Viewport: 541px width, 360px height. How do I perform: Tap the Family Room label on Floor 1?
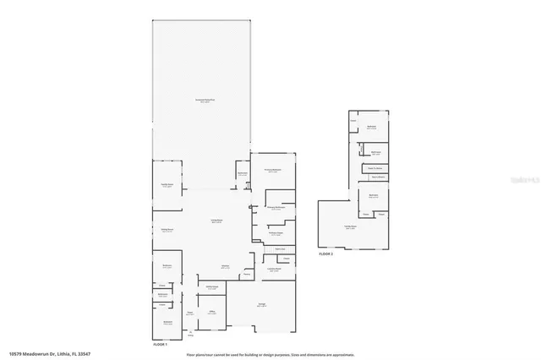(x=167, y=186)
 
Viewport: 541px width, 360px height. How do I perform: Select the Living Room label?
(x=216, y=221)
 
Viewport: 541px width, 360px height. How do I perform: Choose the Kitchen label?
(x=225, y=266)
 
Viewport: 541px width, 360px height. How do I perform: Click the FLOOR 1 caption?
(x=160, y=345)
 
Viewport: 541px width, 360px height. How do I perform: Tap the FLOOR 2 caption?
(x=325, y=254)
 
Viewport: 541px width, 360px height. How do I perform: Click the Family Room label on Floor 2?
(x=349, y=226)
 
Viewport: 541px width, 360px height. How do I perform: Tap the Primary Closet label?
(x=275, y=234)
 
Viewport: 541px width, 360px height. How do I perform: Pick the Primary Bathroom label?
(x=275, y=207)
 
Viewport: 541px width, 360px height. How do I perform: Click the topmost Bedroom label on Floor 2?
(x=371, y=127)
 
